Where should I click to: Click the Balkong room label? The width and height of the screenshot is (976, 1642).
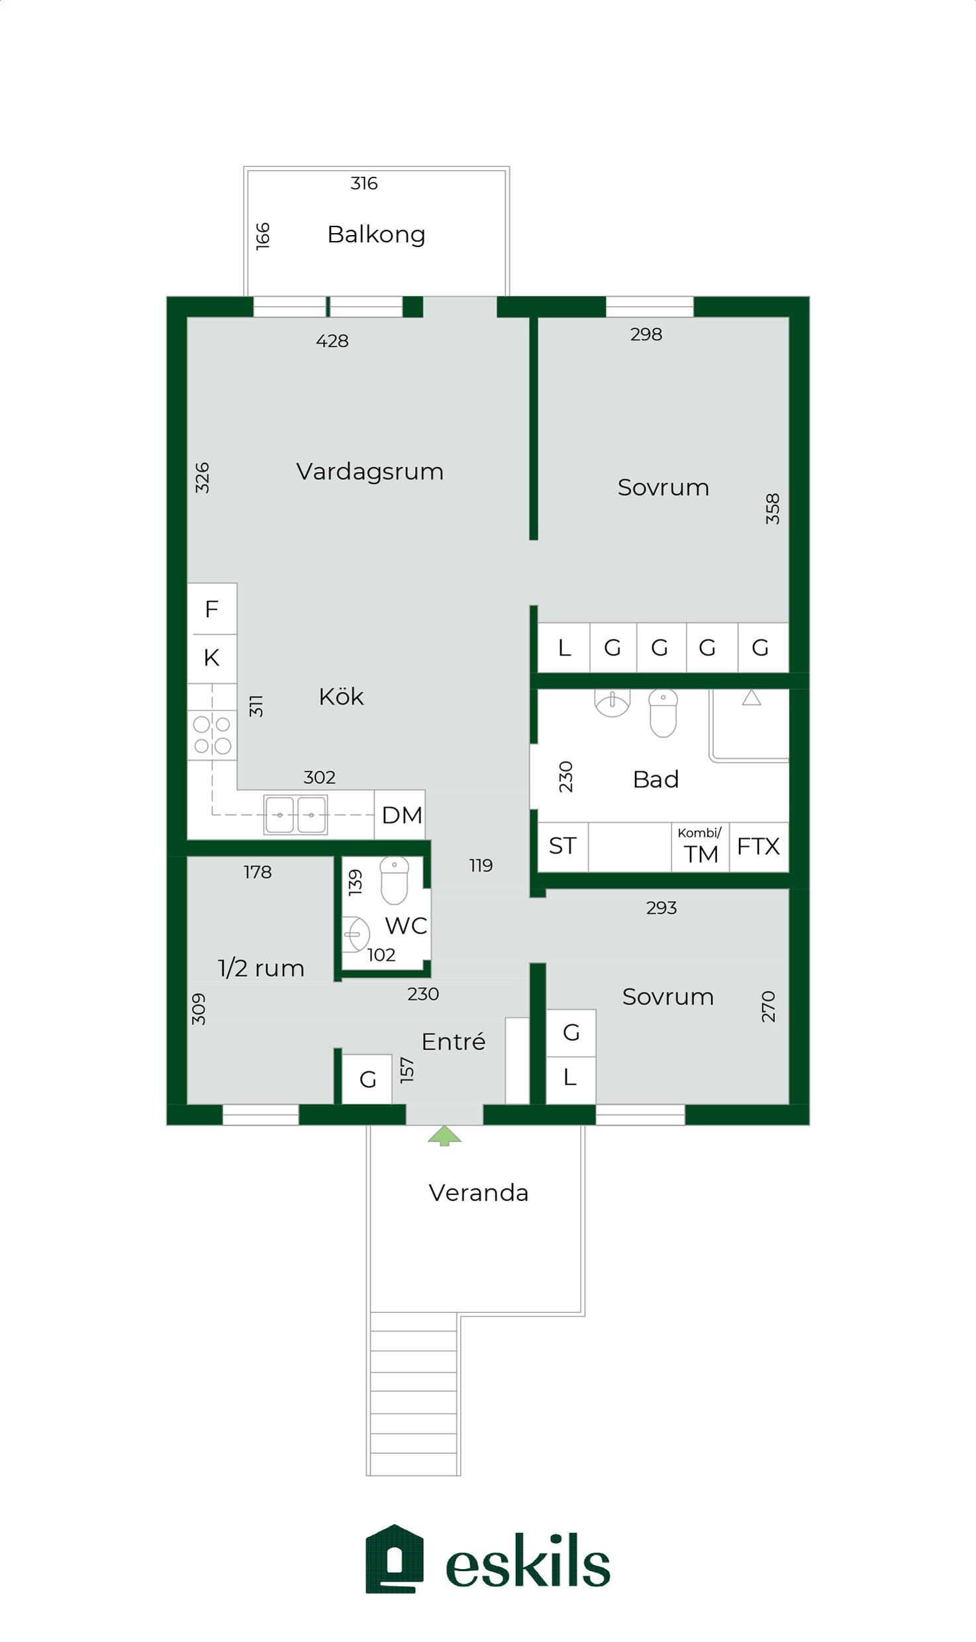coord(376,234)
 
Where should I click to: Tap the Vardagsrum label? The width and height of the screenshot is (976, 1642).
coord(369,471)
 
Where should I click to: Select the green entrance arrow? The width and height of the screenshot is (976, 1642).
coord(444,1136)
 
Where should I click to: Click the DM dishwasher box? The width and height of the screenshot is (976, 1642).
coord(400,815)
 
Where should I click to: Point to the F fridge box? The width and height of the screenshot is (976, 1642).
coord(212,608)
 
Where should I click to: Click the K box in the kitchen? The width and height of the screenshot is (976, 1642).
coord(212,658)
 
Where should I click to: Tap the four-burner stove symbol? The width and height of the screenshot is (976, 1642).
coord(212,735)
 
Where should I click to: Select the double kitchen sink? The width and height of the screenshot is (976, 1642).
coord(295,814)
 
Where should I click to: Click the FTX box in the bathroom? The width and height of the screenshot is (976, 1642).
coord(759,847)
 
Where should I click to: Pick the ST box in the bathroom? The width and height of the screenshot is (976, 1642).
coord(563,847)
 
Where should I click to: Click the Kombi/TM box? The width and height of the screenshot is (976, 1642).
coord(701,847)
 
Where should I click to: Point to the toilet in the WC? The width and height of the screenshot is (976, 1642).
coord(395,881)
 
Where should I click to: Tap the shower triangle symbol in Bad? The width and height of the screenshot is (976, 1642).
coord(752,698)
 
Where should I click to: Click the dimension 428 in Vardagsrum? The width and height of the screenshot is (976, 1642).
coord(332,341)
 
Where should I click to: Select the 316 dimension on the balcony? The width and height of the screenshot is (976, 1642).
coord(364,183)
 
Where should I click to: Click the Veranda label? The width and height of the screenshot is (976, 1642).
coord(479,1193)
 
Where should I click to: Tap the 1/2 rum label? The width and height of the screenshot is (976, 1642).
coord(261,969)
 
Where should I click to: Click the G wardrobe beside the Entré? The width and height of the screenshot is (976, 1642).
coord(367,1079)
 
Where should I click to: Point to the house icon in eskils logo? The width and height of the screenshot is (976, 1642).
coord(395,1559)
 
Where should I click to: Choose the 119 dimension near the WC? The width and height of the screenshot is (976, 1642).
coord(481,865)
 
